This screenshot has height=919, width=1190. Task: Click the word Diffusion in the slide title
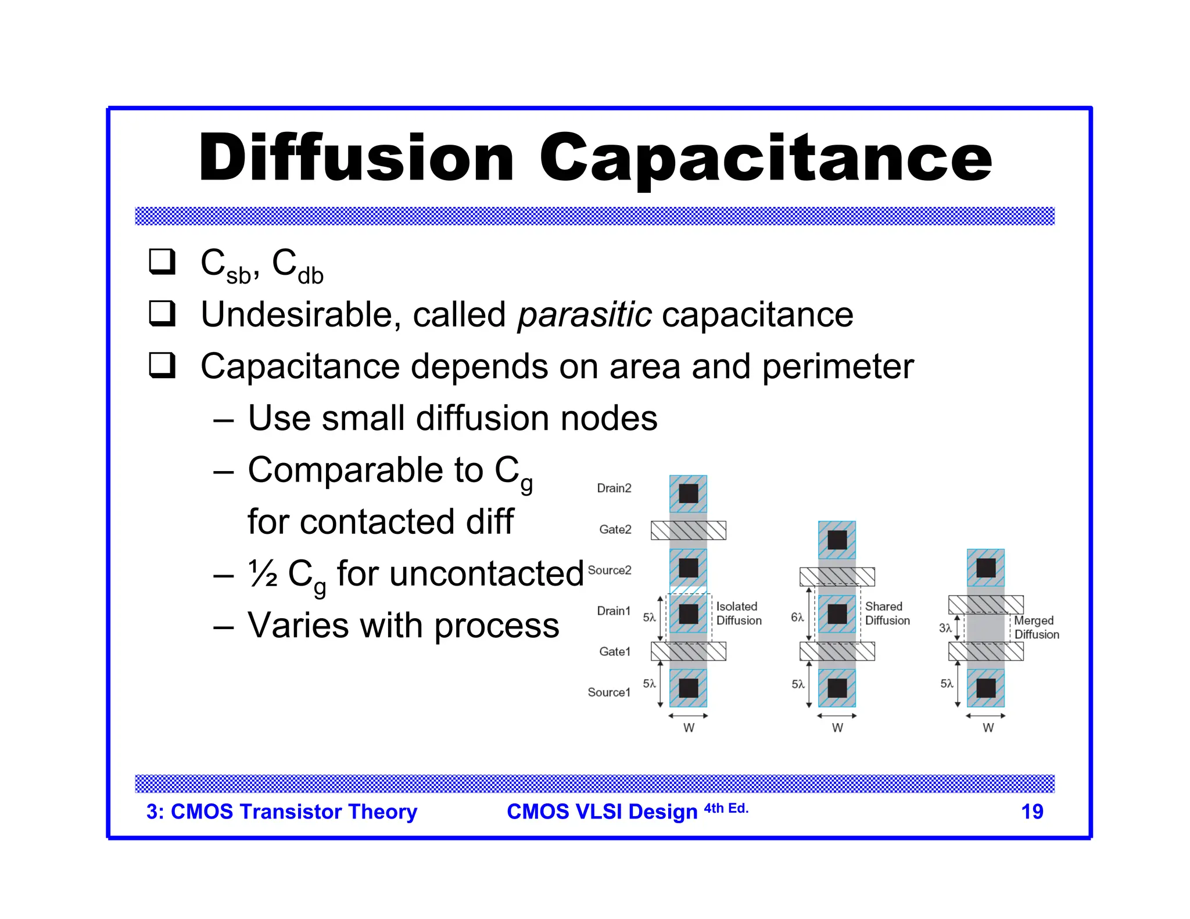[356, 158]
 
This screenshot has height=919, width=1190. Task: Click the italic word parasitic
[584, 315]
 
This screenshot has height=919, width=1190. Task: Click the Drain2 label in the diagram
[614, 488]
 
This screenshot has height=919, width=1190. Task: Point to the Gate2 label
[615, 529]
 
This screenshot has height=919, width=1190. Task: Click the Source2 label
[609, 570]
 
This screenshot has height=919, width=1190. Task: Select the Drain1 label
[614, 611]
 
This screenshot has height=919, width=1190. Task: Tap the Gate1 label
[615, 652]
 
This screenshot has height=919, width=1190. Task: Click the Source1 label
[608, 692]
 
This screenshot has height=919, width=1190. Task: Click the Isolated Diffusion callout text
[738, 613]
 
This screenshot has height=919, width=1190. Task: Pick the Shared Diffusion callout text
[887, 613]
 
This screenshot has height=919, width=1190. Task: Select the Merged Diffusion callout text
[1036, 627]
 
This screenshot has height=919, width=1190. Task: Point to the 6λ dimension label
[797, 618]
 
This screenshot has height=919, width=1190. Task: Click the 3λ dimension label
[945, 628]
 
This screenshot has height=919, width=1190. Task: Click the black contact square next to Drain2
[688, 494]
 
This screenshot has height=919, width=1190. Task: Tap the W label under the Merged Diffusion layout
[988, 728]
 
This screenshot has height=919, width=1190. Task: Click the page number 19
[1032, 812]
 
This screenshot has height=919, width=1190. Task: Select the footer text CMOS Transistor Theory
[293, 812]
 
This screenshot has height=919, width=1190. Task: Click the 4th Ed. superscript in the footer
[726, 808]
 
